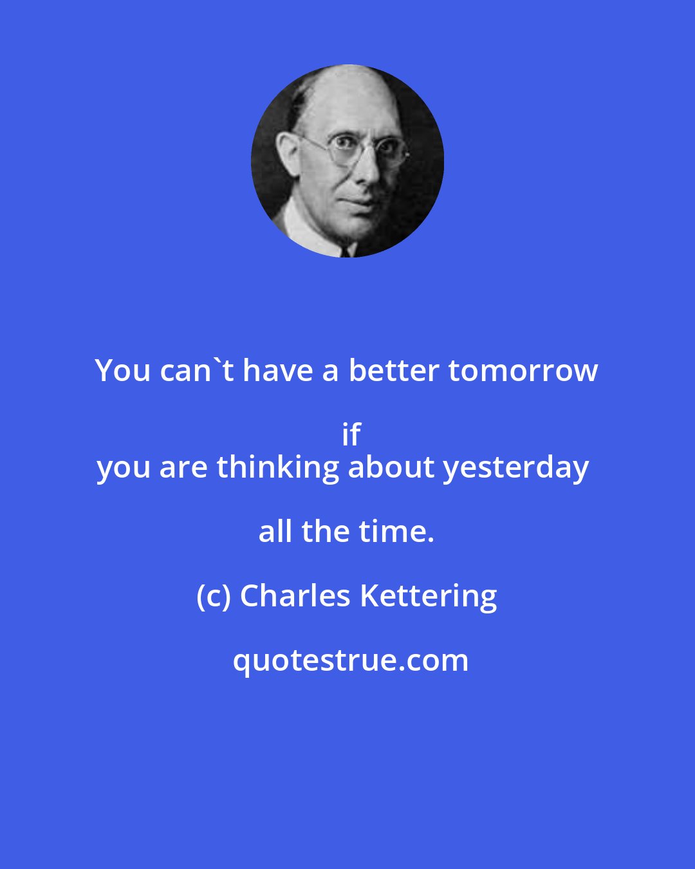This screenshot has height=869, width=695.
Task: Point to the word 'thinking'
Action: [x=277, y=467]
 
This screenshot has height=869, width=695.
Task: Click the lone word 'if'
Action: [x=351, y=435]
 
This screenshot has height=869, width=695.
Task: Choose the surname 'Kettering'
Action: [x=428, y=596]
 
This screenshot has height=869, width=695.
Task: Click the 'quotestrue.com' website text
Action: [x=351, y=660]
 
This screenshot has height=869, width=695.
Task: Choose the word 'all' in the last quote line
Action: [x=276, y=532]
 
